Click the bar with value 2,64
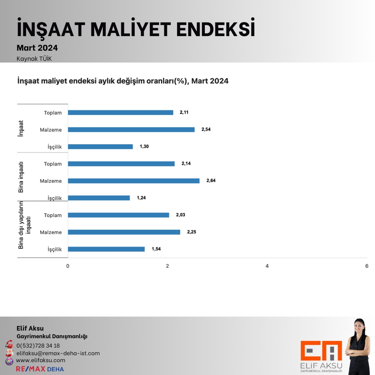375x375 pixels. coord(134,181)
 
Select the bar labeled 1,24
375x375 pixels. coord(99,198)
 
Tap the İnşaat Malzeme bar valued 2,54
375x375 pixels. coord(131,130)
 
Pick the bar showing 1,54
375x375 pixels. coord(106,249)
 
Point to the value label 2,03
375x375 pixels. coord(181,215)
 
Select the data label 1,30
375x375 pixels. coord(144,147)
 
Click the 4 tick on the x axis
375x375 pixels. coord(267,266)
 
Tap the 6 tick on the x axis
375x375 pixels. coord(367,266)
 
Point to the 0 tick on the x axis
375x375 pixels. coord(68,266)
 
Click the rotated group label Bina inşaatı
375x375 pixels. coord(21,177)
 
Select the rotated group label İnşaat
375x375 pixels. coord(21,128)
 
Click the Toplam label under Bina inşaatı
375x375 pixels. coord(53,164)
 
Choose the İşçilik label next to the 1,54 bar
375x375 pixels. coord(55,249)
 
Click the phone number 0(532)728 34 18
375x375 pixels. coord(38,345)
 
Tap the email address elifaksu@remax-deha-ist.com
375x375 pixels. coord(58,353)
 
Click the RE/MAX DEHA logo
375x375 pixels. coord(40,369)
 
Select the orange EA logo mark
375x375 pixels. coord(321,350)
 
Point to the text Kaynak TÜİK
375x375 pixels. coord(34,59)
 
